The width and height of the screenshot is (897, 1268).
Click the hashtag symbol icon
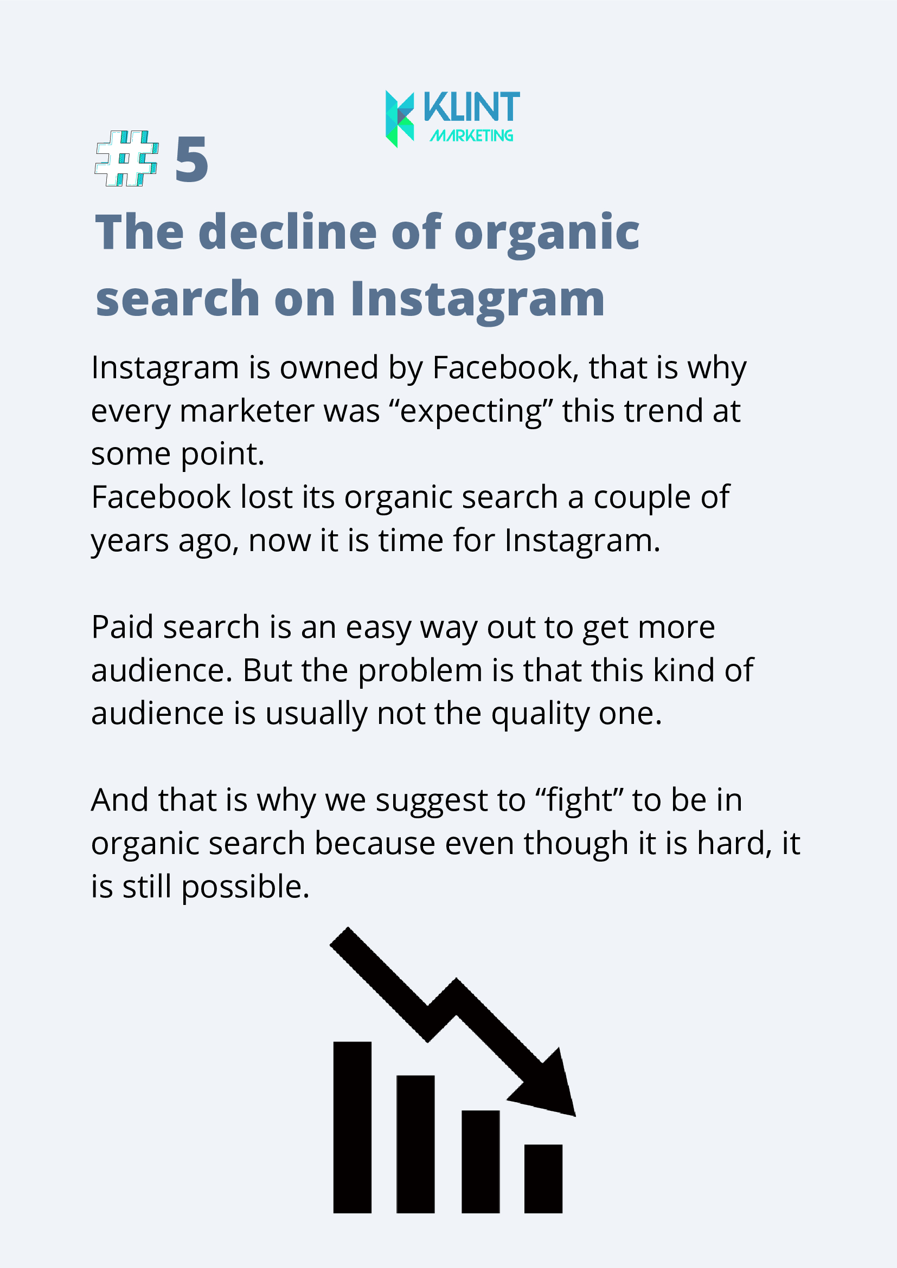[x=126, y=158]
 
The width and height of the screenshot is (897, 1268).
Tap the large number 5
[x=192, y=160]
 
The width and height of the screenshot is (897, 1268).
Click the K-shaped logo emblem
[x=400, y=119]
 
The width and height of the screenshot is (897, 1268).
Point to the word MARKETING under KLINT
[x=471, y=135]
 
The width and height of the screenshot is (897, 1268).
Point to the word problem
[x=421, y=671]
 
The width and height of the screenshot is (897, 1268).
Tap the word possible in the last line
[x=245, y=887]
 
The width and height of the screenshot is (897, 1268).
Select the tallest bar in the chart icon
[x=352, y=1127]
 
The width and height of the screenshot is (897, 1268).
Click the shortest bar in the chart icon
[x=543, y=1179]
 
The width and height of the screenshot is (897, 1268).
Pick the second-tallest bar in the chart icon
[x=415, y=1144]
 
